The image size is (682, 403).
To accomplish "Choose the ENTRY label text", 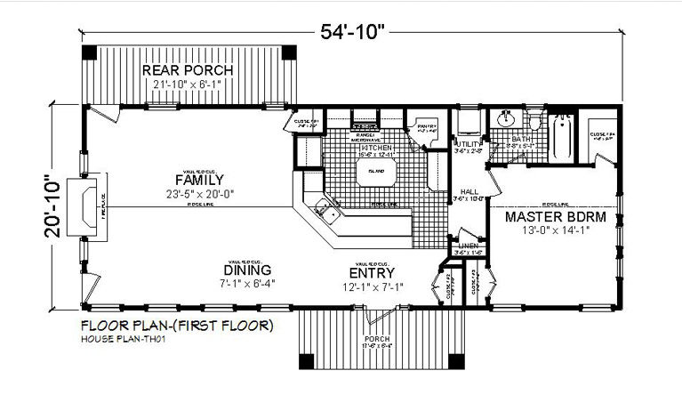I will click(373, 272).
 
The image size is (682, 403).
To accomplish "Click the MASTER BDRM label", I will click(556, 216).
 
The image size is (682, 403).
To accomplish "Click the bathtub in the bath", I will click(562, 139).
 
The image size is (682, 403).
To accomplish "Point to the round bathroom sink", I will click(507, 119).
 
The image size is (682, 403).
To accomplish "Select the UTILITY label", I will click(468, 143).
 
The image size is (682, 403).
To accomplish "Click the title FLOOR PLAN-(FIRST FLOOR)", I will click(177, 326).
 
